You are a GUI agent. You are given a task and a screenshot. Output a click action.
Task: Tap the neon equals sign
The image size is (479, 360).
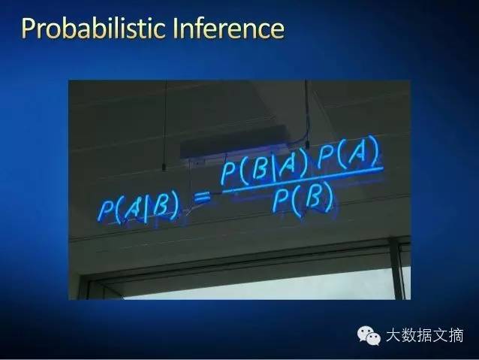(202, 198)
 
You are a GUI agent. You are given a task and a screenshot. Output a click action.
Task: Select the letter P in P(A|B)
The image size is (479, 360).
(106, 210)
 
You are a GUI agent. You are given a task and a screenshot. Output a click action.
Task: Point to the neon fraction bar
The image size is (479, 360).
(303, 180)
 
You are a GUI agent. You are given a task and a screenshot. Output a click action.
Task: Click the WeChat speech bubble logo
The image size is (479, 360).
(369, 335)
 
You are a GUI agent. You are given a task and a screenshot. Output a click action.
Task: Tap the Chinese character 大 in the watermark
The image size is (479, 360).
(393, 335)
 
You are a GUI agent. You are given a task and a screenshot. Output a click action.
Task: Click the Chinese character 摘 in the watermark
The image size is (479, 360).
(456, 335)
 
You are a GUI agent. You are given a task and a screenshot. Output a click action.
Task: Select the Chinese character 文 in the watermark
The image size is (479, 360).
(441, 335)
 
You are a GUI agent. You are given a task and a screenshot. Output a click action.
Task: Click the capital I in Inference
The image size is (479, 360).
(176, 29)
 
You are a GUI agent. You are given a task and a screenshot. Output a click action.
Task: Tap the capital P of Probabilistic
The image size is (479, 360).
(29, 29)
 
